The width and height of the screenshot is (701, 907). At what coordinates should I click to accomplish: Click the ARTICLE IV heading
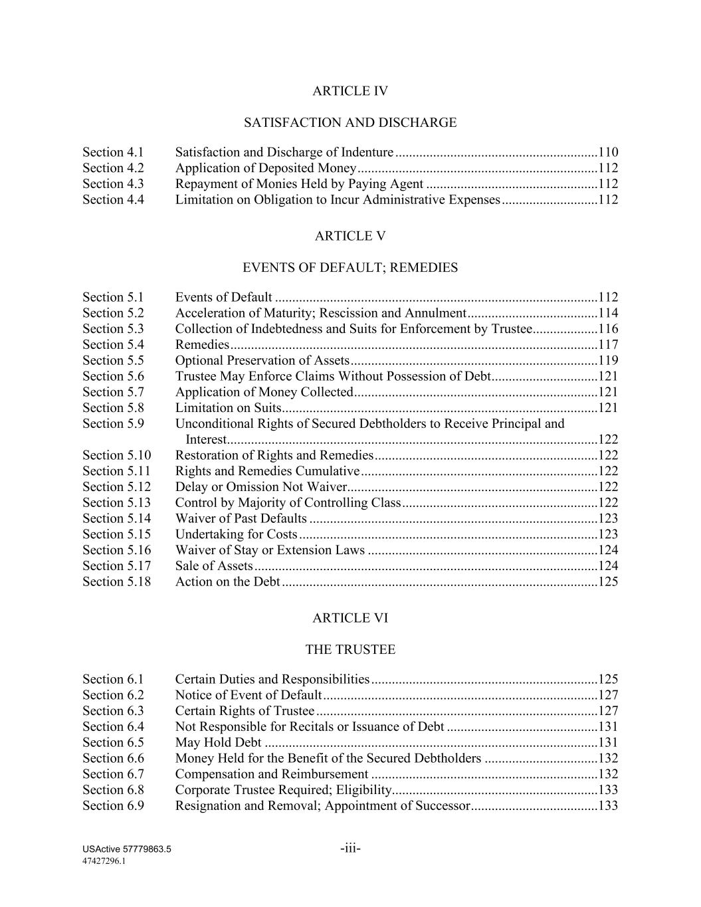coord(350,91)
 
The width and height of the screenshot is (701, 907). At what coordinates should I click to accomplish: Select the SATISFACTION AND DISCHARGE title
coord(350,123)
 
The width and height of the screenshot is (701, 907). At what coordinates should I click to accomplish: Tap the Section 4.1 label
coord(113,152)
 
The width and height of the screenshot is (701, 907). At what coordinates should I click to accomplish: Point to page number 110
coord(608,152)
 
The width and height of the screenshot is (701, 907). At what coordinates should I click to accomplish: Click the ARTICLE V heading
coord(350,237)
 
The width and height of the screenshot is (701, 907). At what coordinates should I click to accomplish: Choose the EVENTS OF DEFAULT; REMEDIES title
coord(350,268)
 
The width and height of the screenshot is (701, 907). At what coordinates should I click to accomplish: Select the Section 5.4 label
coord(113,345)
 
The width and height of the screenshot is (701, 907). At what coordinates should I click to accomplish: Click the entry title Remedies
coord(202,345)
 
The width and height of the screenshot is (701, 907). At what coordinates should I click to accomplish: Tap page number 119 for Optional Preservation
coord(608,361)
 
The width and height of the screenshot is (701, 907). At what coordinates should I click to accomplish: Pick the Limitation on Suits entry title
coord(228,408)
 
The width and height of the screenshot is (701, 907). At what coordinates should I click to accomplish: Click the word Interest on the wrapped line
coord(206,440)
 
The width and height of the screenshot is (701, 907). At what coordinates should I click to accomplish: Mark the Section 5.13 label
coord(116,503)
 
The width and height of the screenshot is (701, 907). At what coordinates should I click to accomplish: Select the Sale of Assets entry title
coord(214,566)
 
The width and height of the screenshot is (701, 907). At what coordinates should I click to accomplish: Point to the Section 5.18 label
coord(116,582)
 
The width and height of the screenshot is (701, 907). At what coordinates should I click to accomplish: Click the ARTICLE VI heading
coord(350,619)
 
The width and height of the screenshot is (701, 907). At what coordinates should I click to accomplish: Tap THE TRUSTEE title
coord(350,650)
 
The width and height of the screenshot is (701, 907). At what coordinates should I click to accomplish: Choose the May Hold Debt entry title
coord(218,743)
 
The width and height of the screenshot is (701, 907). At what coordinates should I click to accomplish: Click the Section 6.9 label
coord(113,806)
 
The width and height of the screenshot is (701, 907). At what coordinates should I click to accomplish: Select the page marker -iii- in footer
coord(350,849)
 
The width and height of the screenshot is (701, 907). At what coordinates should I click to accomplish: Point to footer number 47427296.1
coord(104,861)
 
